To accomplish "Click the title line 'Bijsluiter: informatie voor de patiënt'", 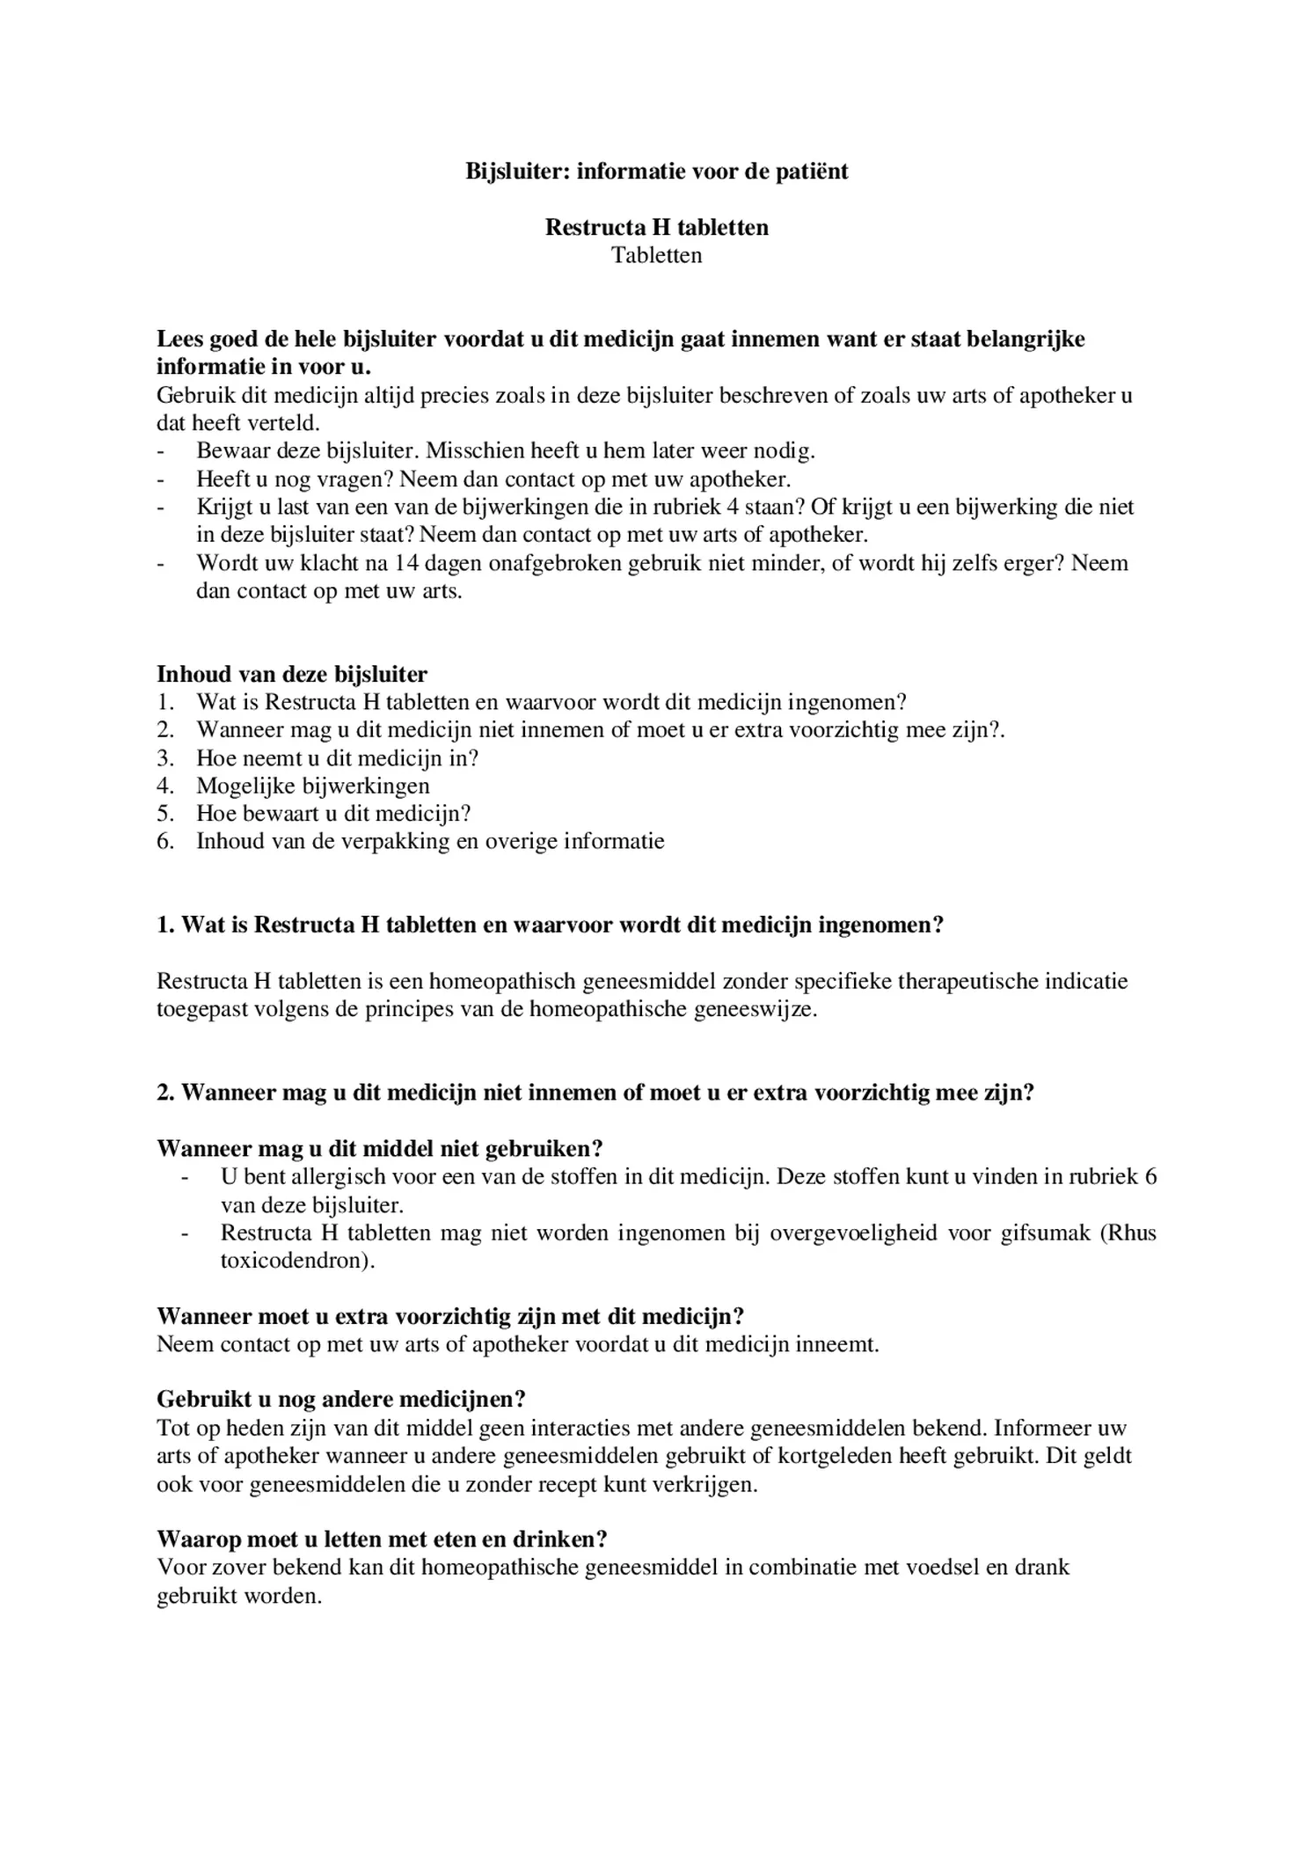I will point(656,171).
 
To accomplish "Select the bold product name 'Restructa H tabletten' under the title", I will point(656,227).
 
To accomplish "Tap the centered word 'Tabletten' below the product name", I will point(656,255).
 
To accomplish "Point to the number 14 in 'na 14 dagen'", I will point(408,563).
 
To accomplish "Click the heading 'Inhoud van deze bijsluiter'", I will point(292,675).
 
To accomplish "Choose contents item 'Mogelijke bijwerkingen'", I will point(312,786).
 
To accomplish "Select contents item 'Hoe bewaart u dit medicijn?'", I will point(333,814).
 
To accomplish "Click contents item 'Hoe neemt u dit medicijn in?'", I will point(337,757).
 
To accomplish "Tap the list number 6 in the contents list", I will point(164,841).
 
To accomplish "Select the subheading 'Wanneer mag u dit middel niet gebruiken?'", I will point(379,1149).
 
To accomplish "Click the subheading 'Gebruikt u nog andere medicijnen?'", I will point(341,1400).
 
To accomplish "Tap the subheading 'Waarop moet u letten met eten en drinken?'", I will point(382,1540).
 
